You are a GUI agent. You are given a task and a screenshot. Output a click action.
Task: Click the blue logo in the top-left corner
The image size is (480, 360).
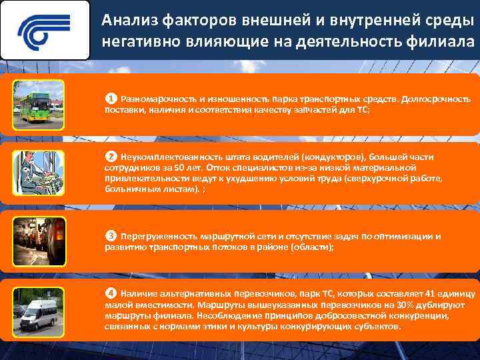tap(45, 30)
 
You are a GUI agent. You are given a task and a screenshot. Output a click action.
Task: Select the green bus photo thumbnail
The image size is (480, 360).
tap(39, 104)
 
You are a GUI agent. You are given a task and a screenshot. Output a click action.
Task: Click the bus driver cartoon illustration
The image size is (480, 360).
tap(39, 172)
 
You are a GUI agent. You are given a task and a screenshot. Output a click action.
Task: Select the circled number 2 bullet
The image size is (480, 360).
tap(111, 157)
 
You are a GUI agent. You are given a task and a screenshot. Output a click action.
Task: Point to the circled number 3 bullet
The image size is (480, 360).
tap(111, 236)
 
